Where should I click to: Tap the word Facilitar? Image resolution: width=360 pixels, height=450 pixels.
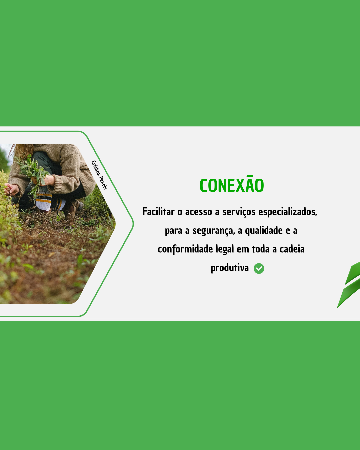coord(158,211)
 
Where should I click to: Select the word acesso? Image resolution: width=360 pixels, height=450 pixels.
coord(199,212)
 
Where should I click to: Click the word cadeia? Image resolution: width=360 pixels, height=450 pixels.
coord(292,249)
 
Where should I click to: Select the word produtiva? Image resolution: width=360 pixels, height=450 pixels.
coord(229,268)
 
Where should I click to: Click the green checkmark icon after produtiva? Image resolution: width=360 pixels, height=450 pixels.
coord(259,268)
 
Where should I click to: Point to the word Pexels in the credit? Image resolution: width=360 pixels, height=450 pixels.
coord(103,183)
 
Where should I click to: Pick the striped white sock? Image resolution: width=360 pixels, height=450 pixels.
coord(43,202)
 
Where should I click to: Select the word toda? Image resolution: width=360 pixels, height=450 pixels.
coord(261,249)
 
